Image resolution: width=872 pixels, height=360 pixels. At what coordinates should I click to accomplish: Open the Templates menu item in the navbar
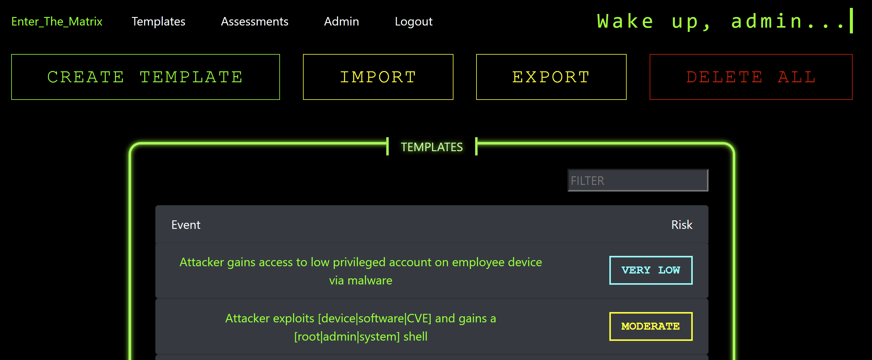tap(158, 22)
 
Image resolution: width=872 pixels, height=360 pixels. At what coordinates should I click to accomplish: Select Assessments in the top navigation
tap(254, 22)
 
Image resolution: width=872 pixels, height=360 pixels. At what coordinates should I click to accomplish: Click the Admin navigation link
tap(341, 22)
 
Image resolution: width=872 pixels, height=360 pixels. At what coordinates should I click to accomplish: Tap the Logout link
tap(413, 22)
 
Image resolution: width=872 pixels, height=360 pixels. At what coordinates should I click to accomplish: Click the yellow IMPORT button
tap(378, 77)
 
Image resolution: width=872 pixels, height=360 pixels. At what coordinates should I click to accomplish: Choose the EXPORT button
tap(551, 77)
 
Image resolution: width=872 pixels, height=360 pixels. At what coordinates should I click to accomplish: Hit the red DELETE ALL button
tap(751, 77)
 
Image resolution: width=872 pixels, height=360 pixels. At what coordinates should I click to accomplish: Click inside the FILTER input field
tap(638, 180)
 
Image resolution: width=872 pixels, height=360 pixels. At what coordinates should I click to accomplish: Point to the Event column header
tap(186, 225)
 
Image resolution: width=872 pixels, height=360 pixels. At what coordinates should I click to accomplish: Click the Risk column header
tap(682, 225)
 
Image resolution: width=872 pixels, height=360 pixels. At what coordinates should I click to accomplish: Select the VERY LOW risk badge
tap(651, 270)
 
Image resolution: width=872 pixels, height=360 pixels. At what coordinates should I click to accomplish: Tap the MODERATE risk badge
tap(651, 326)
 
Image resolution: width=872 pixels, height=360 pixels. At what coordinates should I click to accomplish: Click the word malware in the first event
tap(370, 280)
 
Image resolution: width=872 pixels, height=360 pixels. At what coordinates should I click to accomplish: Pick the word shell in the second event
tap(415, 337)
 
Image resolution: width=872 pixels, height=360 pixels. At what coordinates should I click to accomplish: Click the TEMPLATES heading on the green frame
tap(432, 147)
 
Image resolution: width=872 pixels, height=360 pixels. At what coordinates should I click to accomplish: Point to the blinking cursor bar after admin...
tap(851, 21)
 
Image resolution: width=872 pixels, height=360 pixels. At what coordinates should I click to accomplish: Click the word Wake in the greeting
tap(625, 21)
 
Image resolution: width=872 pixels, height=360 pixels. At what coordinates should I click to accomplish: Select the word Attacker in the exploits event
tap(247, 318)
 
